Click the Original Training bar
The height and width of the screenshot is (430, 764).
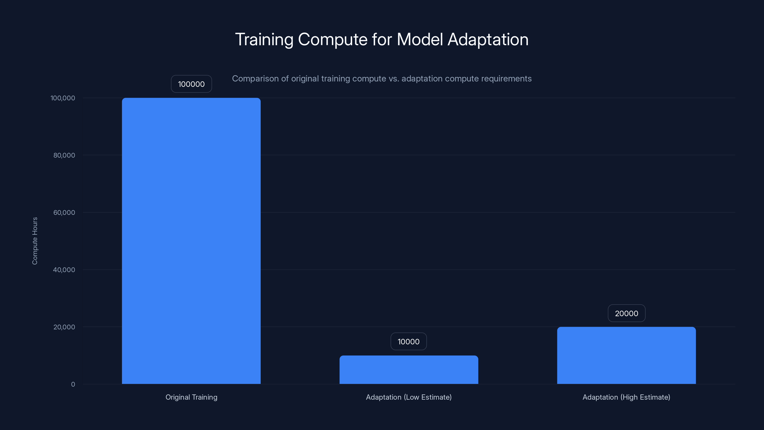(x=191, y=241)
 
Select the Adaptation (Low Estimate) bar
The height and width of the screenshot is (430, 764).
(x=409, y=370)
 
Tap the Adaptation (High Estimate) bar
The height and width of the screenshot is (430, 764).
(x=626, y=355)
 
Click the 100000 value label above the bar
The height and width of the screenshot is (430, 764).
(x=191, y=84)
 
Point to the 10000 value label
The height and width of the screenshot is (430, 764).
(x=409, y=342)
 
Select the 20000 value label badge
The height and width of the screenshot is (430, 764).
(x=626, y=313)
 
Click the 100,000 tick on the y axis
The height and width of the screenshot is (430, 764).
(x=63, y=98)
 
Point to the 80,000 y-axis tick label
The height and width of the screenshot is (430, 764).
(x=64, y=155)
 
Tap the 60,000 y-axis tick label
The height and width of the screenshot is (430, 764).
(x=64, y=212)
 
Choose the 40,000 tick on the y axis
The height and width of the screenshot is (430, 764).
(x=64, y=270)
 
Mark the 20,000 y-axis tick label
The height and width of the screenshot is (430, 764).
(x=64, y=327)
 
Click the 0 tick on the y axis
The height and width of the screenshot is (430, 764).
(x=73, y=384)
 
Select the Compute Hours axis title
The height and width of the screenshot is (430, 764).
(x=35, y=241)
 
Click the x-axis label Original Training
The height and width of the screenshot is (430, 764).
(x=191, y=397)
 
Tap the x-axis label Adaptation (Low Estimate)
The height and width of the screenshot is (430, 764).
(x=409, y=397)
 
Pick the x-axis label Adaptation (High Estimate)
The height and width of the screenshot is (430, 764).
(x=626, y=397)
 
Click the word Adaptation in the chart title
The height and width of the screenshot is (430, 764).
(x=488, y=39)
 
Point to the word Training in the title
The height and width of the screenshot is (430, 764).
(x=264, y=39)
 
